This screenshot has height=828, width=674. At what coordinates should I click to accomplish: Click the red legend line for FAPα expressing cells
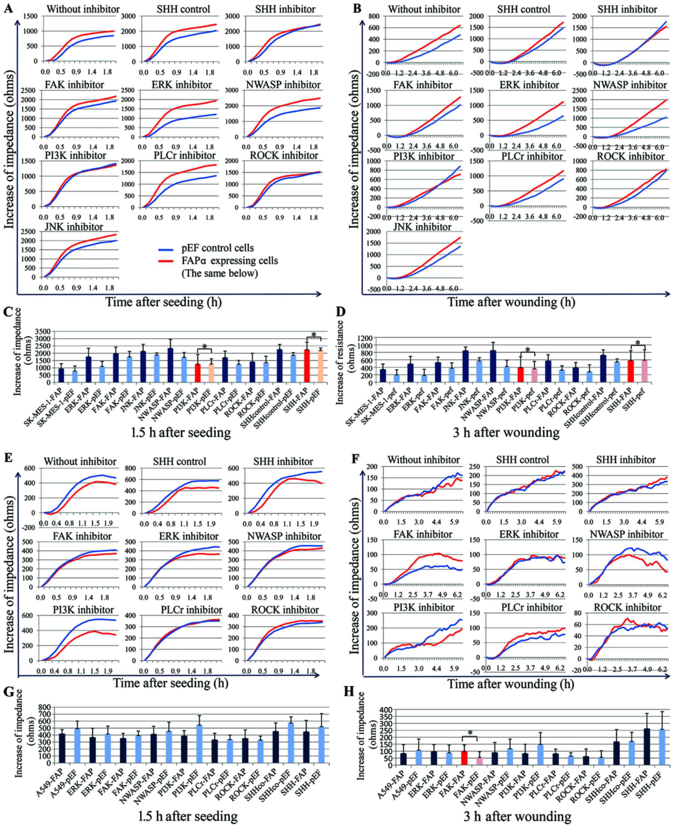click(167, 261)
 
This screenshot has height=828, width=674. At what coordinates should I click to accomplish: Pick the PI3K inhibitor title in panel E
click(84, 610)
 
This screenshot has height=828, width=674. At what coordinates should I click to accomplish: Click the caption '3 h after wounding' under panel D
click(506, 432)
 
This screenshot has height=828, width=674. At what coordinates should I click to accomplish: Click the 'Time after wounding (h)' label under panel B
click(511, 302)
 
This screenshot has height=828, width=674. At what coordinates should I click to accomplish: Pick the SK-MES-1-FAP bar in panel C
click(61, 375)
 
